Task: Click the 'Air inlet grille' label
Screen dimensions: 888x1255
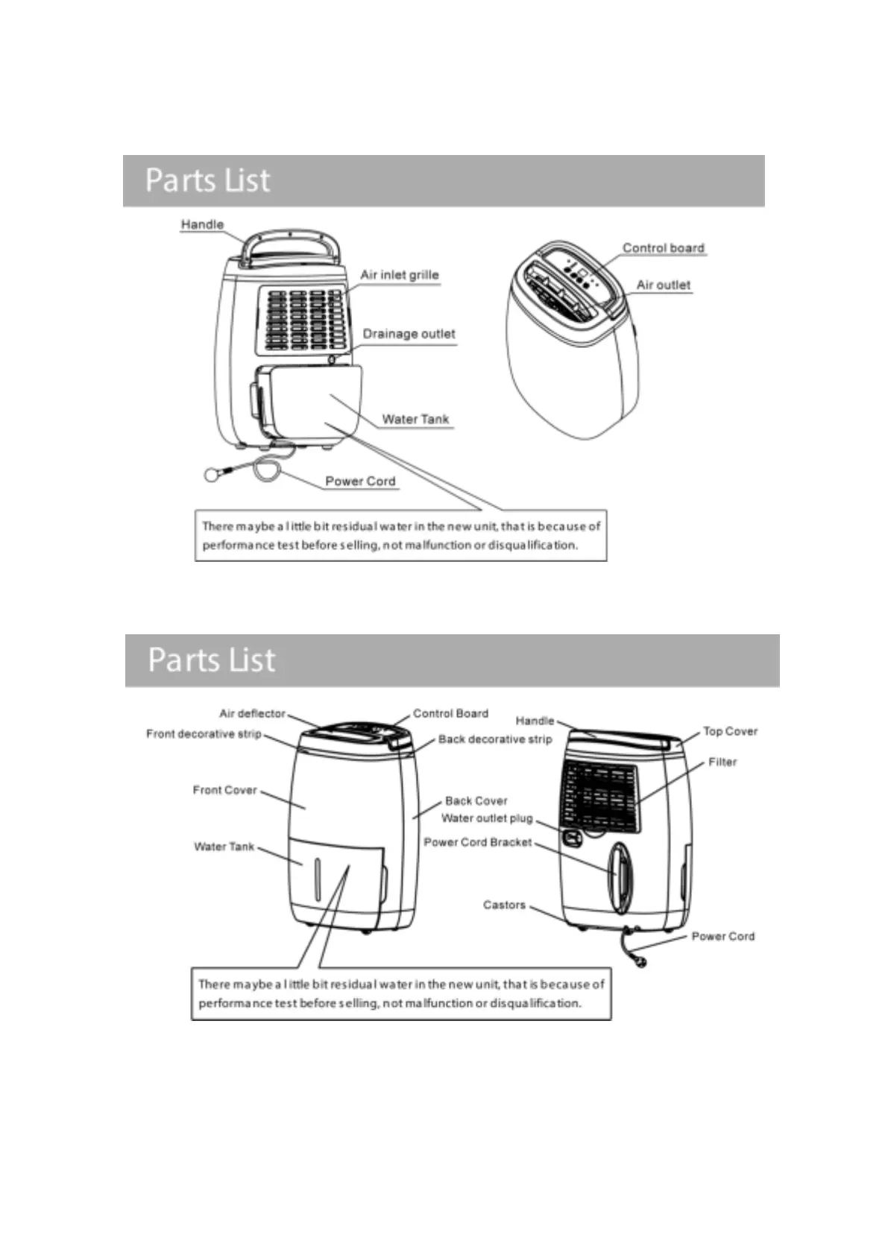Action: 399,275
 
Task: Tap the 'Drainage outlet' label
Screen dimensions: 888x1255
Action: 409,334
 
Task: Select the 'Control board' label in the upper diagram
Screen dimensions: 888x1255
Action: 663,248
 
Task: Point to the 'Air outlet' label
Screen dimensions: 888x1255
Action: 663,285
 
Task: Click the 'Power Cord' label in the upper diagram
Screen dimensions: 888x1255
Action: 360,481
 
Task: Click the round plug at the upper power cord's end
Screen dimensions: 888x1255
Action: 212,475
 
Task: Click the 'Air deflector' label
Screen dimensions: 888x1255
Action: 252,714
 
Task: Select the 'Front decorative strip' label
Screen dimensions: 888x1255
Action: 204,734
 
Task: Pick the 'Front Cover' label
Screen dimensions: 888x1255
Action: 224,790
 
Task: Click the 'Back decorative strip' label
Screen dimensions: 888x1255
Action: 495,739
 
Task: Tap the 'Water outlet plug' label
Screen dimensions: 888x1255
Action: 487,818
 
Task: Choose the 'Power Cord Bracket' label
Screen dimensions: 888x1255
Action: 478,843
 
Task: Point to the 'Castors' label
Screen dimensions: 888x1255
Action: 504,905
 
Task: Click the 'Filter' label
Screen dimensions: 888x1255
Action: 722,762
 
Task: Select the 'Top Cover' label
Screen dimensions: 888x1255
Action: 730,732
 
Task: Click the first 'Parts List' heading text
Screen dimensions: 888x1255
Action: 207,180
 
